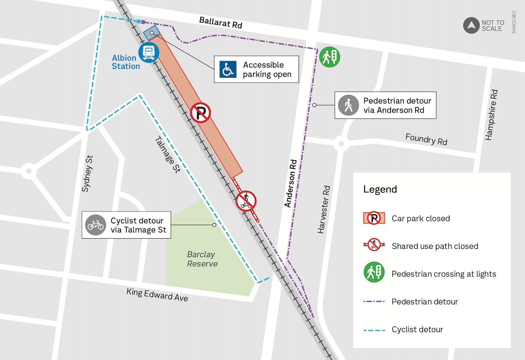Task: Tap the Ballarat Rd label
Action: (x=221, y=23)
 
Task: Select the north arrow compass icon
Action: (x=471, y=25)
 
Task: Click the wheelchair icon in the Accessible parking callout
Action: (x=228, y=69)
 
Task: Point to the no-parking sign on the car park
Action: (x=201, y=113)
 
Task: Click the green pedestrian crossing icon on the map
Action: (x=329, y=57)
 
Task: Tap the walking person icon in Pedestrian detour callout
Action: (x=349, y=105)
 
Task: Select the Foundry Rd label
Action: (x=426, y=139)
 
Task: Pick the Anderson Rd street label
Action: (x=291, y=183)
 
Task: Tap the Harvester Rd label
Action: (x=324, y=210)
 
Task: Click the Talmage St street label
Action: (x=167, y=155)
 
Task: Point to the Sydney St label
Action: (x=87, y=173)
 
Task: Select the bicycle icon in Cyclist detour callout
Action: (x=96, y=225)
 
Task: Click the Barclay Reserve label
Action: (x=202, y=259)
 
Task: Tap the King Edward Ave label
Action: (x=157, y=294)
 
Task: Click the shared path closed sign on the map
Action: (x=246, y=201)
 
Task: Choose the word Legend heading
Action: (x=380, y=189)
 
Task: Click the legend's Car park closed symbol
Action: (x=374, y=218)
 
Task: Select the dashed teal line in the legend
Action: (x=374, y=330)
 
